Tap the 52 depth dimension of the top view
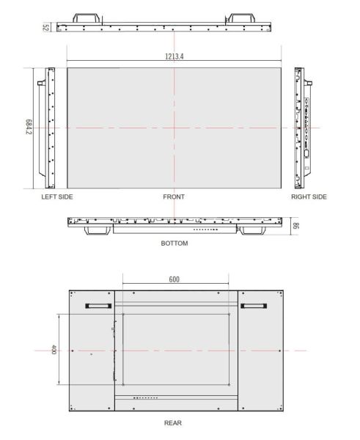[x=45, y=27]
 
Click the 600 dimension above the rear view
[x=175, y=279]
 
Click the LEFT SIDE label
[x=57, y=197]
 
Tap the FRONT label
[x=174, y=197]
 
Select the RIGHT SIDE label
[x=309, y=197]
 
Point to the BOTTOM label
[x=174, y=243]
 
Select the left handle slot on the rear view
[x=97, y=307]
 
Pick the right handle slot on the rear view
[x=254, y=307]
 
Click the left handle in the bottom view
[x=98, y=230]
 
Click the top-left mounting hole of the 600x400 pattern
[x=123, y=315]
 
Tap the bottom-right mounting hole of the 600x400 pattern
[x=229, y=385]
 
